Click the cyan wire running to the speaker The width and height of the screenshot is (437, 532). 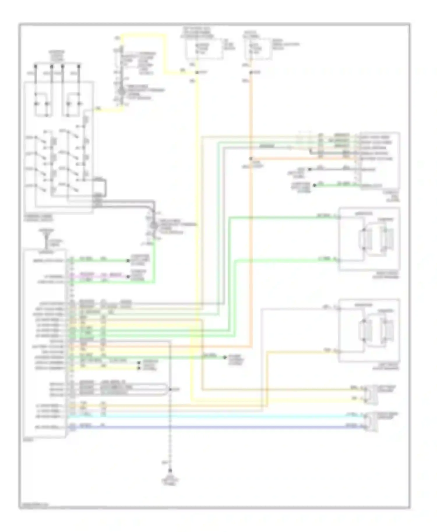pos(216,416)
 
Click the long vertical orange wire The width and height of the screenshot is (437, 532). pos(251,233)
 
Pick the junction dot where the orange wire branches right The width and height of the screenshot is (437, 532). pos(251,159)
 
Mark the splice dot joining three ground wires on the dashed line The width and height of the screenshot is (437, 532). pos(170,389)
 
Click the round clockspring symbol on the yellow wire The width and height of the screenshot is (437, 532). pos(121,92)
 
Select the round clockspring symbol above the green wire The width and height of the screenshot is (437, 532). pos(154,225)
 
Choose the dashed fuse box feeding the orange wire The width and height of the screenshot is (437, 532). pos(258,48)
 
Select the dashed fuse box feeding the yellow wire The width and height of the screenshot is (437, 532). pos(204,48)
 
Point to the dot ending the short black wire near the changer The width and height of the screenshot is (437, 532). pos(310,169)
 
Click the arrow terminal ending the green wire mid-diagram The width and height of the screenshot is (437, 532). pos(225,357)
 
